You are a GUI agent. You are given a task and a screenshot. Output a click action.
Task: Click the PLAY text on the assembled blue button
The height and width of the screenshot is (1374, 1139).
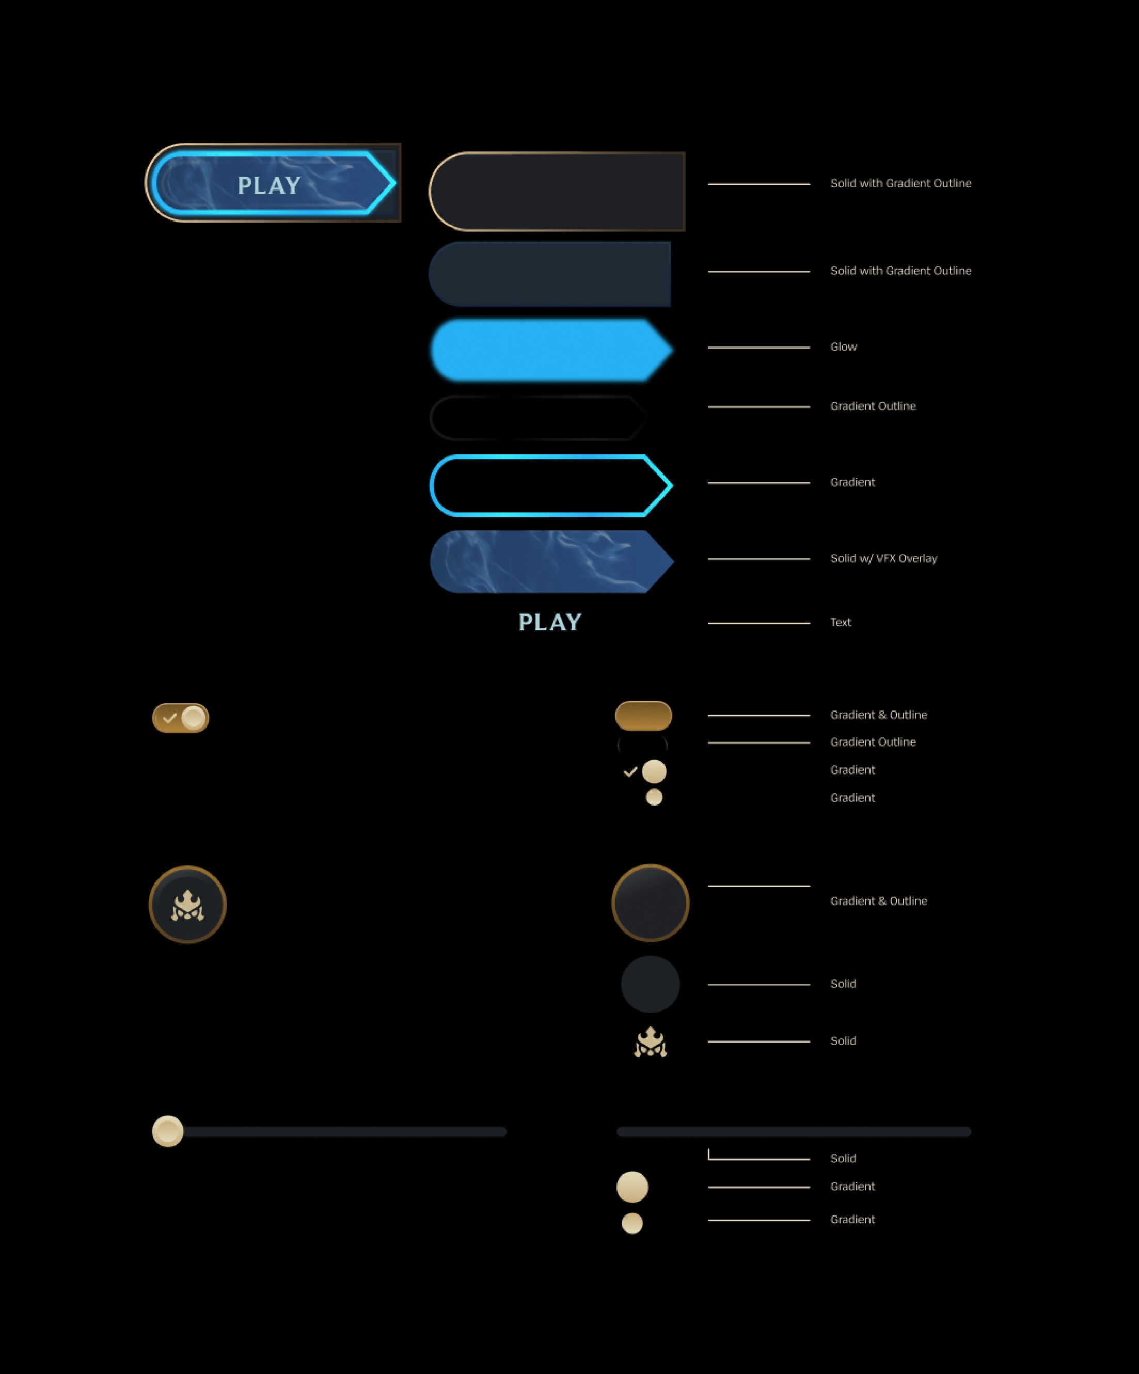tap(269, 186)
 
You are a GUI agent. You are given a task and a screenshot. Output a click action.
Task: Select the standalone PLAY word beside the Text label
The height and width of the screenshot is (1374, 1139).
tap(549, 622)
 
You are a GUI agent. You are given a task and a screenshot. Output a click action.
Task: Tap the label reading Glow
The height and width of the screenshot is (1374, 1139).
tap(843, 347)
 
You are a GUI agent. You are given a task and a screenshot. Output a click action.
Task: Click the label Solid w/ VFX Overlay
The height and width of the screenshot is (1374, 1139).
tap(883, 558)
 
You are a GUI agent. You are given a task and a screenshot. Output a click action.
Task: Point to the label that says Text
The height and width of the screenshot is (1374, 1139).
tap(841, 622)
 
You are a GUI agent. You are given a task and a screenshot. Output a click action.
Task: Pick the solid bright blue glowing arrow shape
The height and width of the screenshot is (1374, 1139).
tap(549, 350)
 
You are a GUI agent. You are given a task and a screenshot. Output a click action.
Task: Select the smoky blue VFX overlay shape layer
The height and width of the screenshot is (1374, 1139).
tap(549, 561)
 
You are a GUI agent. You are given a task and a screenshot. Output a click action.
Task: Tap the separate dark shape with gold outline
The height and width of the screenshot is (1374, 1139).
tap(556, 192)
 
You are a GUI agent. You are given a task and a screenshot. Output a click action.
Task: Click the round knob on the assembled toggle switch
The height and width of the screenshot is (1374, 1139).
tap(194, 718)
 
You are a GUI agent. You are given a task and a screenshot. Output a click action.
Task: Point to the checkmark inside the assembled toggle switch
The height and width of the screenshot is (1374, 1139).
tap(169, 718)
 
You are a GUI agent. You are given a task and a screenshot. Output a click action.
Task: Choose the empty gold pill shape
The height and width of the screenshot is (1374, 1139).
tap(643, 716)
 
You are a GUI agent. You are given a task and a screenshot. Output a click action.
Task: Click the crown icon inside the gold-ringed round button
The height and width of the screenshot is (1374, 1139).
tap(188, 906)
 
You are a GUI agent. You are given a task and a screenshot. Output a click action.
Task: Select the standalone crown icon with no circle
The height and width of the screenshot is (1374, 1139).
tap(650, 1041)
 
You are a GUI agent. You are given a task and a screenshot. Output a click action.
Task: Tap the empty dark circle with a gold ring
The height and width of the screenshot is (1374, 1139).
tap(650, 904)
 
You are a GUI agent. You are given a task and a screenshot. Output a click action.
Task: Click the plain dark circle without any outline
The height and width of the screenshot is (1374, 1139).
tap(650, 984)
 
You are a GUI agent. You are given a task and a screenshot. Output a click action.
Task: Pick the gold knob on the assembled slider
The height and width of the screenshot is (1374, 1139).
tap(167, 1131)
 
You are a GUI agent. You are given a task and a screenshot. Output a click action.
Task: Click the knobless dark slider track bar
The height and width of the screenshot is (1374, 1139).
tap(794, 1132)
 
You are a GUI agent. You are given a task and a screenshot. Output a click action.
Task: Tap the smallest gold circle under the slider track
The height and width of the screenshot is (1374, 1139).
tap(632, 1223)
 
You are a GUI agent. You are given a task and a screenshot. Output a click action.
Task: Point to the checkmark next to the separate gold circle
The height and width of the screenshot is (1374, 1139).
tap(630, 772)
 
